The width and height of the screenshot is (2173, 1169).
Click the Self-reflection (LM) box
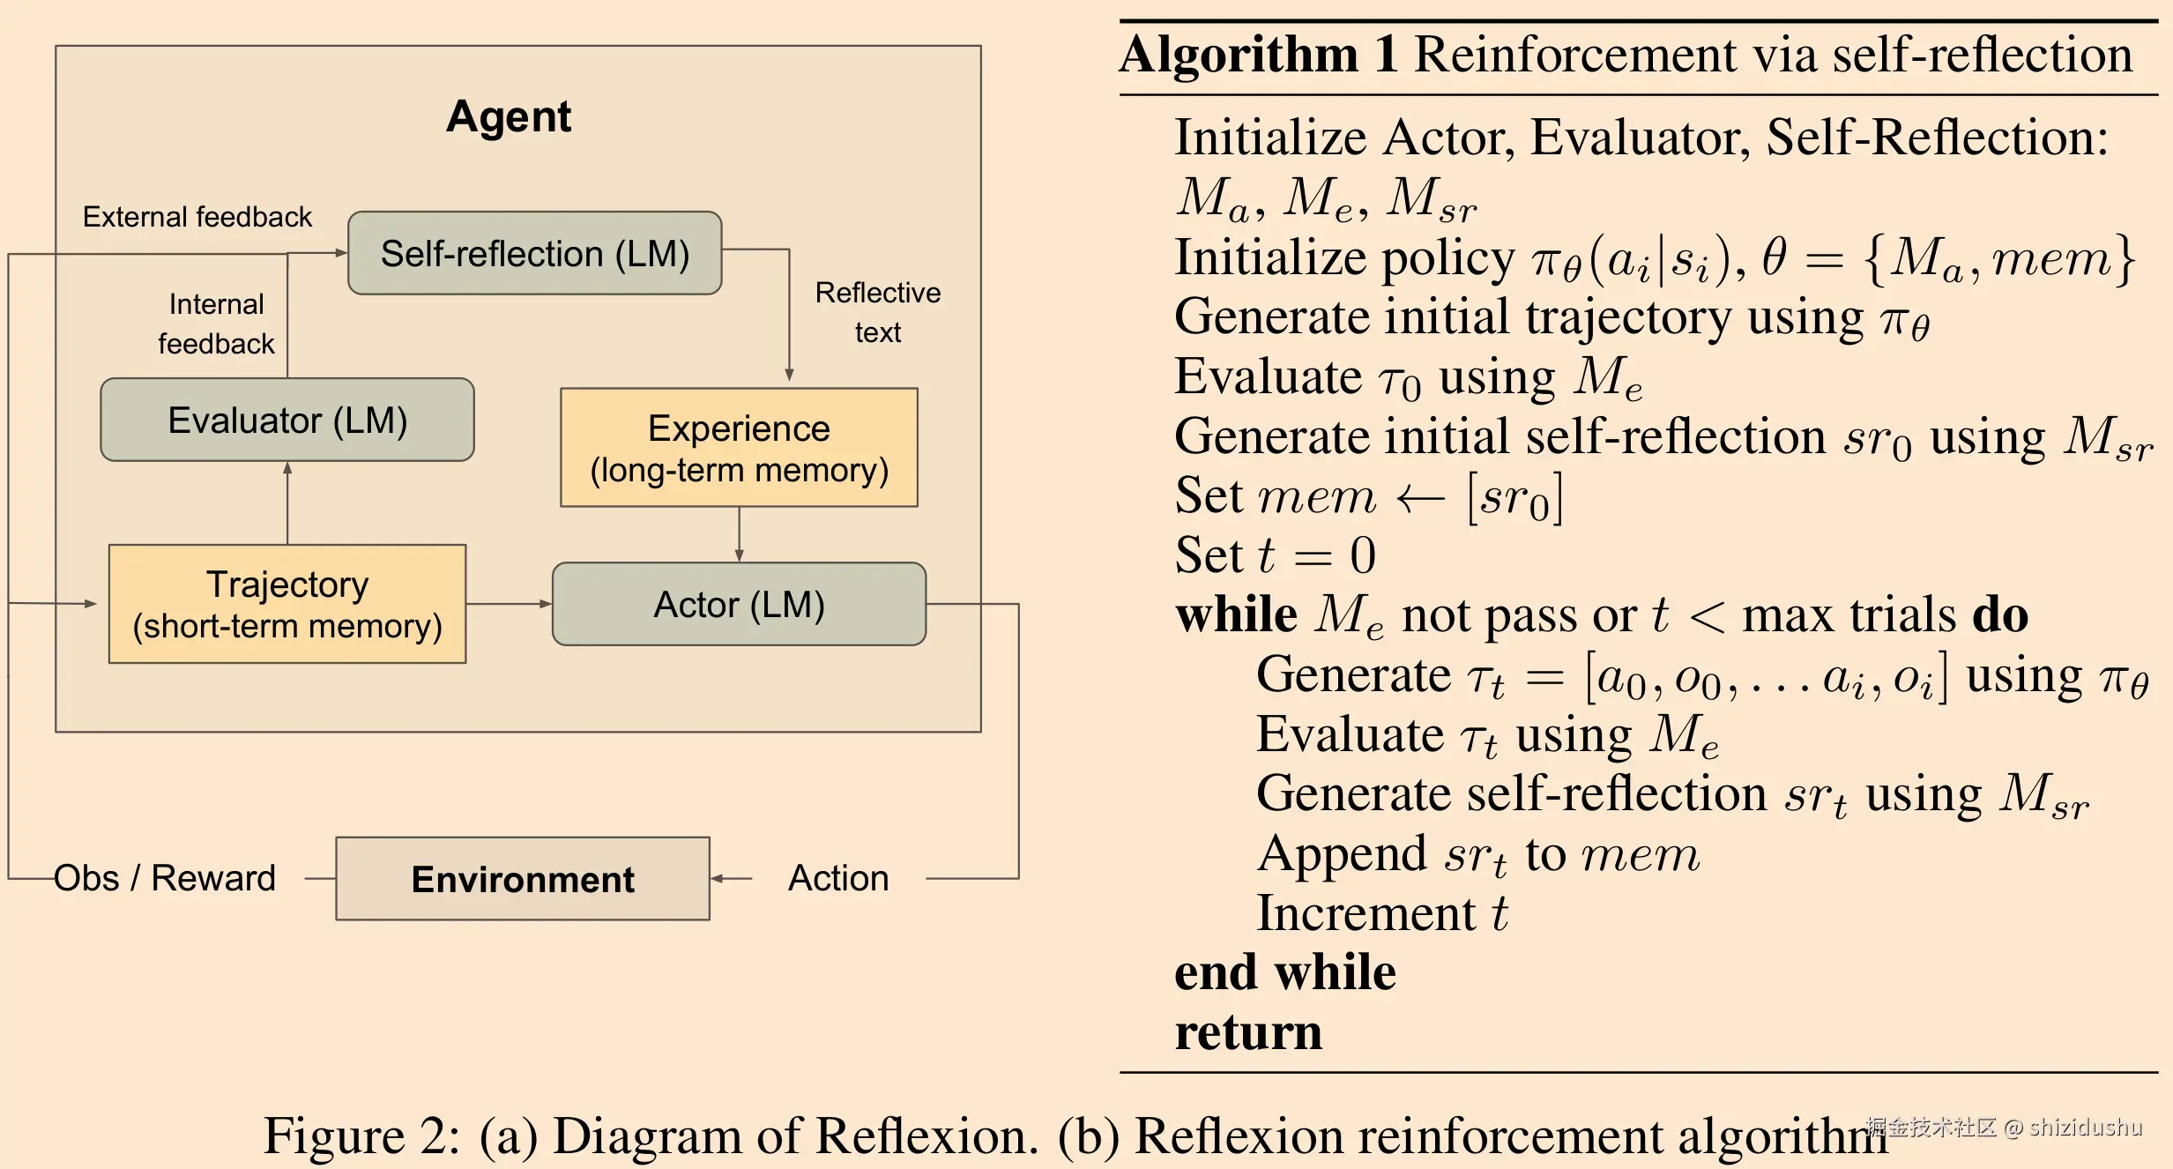(x=534, y=253)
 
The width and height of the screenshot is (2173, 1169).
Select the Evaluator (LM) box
(x=287, y=420)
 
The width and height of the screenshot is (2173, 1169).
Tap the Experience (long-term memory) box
(x=739, y=448)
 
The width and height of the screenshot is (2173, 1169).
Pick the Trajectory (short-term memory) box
(x=287, y=604)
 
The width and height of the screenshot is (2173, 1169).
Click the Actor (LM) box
(x=739, y=604)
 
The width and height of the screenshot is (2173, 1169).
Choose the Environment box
(x=523, y=879)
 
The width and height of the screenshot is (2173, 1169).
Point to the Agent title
(x=509, y=116)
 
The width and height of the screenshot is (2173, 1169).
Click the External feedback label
(x=197, y=217)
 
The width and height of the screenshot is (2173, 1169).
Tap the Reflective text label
(x=877, y=312)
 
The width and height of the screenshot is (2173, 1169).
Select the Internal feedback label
(x=216, y=324)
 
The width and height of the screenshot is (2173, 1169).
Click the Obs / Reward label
(x=165, y=878)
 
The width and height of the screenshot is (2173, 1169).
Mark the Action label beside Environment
(x=838, y=878)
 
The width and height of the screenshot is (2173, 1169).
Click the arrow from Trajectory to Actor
(x=509, y=604)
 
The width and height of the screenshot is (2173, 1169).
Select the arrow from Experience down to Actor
(x=739, y=534)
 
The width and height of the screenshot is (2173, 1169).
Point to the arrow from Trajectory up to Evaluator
(x=287, y=503)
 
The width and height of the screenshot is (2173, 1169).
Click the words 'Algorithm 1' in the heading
(x=1259, y=55)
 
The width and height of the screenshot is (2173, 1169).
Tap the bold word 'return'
(x=1248, y=1031)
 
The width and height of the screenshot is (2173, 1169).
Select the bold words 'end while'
(x=1285, y=972)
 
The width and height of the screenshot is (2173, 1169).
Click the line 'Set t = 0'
(x=1275, y=555)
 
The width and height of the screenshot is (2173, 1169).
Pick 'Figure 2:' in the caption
(x=361, y=1135)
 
